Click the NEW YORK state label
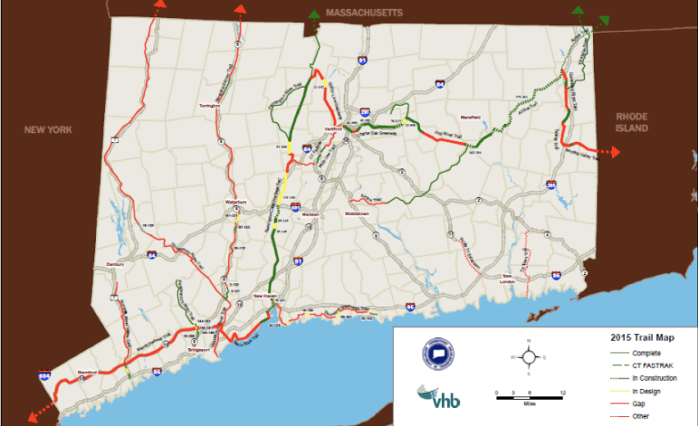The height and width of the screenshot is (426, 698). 48,130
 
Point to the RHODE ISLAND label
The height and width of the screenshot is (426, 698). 632,123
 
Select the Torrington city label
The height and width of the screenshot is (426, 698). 210,107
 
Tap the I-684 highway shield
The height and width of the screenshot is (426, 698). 45,374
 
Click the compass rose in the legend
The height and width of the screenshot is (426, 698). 530,356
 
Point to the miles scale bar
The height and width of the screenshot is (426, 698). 531,394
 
